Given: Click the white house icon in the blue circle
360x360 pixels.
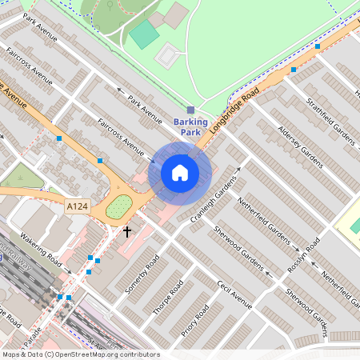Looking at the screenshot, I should coord(180,173).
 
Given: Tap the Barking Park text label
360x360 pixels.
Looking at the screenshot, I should coord(190,126).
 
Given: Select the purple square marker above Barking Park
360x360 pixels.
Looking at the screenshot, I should coord(190,110).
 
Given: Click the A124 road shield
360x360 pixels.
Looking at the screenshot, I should coord(76,206).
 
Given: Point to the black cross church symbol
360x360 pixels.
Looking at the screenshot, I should coord(126,232).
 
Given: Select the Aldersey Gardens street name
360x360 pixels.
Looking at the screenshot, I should coord(299,146).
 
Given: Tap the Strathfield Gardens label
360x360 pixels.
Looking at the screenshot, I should coord(330,113).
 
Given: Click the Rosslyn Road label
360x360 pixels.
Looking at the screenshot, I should coord(303,256).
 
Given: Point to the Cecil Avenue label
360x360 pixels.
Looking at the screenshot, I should coord(234,294).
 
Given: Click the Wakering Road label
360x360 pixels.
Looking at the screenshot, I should coord(42,250).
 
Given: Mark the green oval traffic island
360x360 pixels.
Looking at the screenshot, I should coord(119,207).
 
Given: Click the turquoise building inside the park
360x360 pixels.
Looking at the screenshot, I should coord(144,34).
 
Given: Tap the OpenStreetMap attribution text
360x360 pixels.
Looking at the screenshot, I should coord(80,354).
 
